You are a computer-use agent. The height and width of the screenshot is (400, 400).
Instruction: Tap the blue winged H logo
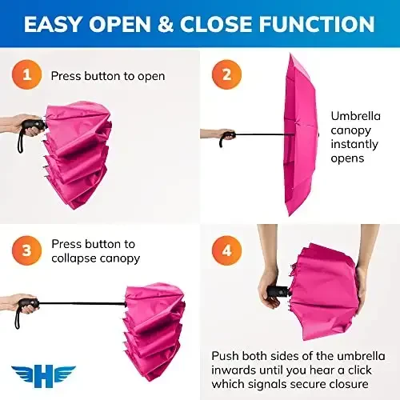click(43, 375)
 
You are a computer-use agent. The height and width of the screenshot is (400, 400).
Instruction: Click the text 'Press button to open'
click(108, 77)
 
